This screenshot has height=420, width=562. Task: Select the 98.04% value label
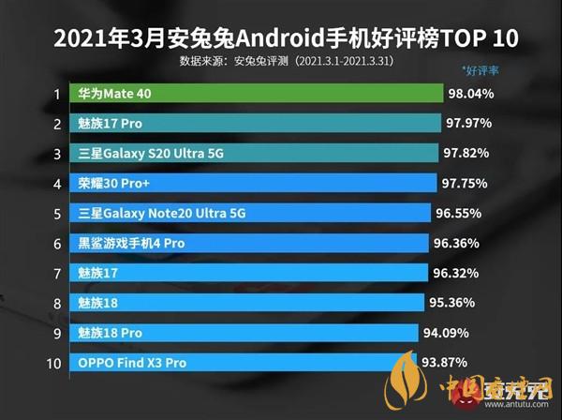[472, 94]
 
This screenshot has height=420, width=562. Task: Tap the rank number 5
[56, 213]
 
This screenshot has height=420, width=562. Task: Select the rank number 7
[56, 273]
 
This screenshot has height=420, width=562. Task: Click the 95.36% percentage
[451, 303]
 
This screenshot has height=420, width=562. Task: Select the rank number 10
[54, 363]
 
